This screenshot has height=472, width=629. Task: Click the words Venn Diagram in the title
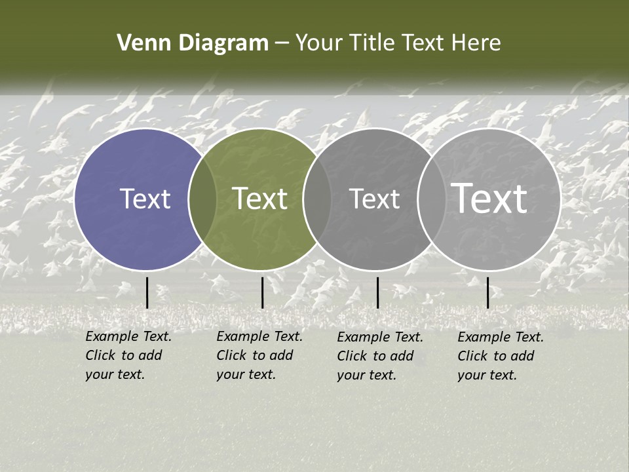(x=193, y=43)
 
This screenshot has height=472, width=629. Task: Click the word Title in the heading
(x=373, y=43)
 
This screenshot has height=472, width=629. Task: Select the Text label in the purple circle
(x=145, y=199)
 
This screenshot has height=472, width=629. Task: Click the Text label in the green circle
(x=259, y=199)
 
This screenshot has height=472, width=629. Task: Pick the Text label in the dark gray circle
(x=374, y=199)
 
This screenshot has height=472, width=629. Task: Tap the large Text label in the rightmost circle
(x=489, y=199)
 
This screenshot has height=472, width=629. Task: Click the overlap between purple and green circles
(x=202, y=199)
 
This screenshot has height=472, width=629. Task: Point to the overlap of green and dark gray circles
(x=317, y=199)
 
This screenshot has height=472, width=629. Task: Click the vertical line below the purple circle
(x=147, y=292)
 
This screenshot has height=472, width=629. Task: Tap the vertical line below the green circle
(x=262, y=292)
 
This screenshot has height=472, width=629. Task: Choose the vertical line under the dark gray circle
(x=377, y=292)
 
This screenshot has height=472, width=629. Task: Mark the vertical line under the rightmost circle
(x=487, y=292)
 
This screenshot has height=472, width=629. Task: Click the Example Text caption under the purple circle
(x=128, y=355)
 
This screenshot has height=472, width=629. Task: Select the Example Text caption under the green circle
(x=259, y=355)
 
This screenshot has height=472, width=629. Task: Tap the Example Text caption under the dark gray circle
(x=380, y=356)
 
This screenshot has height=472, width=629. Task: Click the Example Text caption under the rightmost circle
(x=501, y=356)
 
